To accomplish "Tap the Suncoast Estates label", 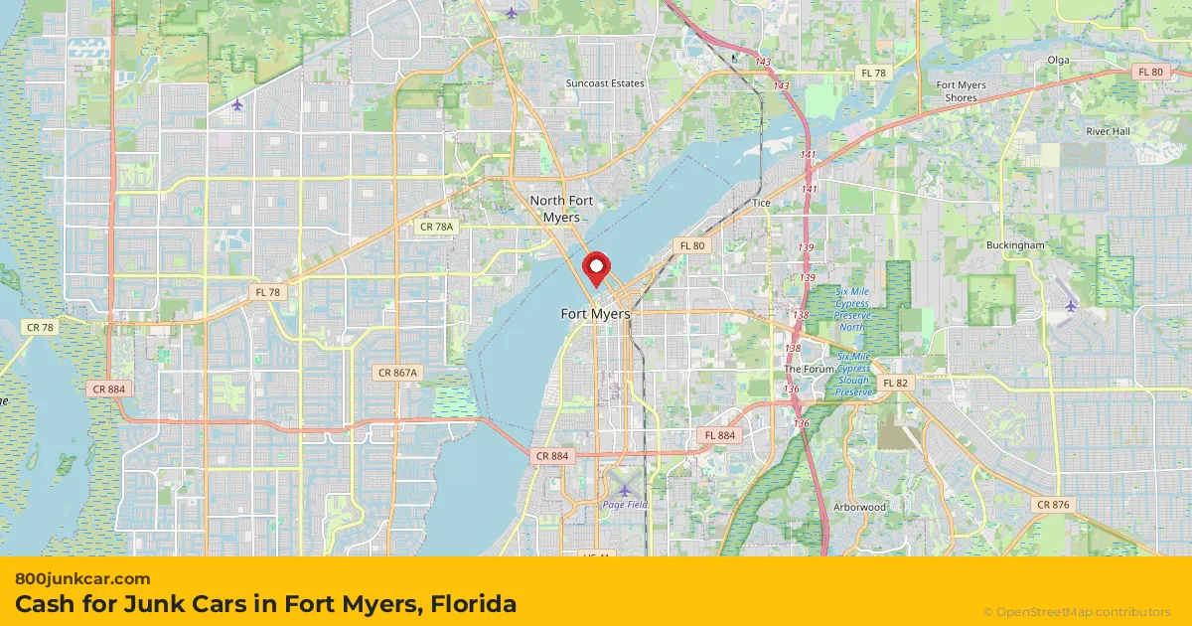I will coord(605,83).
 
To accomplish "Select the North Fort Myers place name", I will coord(561,209).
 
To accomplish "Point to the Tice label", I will coord(761,203).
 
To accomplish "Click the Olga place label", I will coord(1058,60).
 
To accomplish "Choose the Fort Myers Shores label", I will coord(962,91).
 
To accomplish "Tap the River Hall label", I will coord(1108,131).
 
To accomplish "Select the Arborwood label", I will coord(860,507).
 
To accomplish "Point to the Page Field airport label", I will coord(625,504).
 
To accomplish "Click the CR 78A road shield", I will coord(436,228).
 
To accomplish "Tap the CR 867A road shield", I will coord(399,373).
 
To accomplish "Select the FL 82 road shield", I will coord(895,383).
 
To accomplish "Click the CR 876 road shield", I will coord(1053,505).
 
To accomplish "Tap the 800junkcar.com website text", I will coord(83,578).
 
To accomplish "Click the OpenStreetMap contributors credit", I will coord(1077,612).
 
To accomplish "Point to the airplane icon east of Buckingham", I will coord(1071,305).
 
